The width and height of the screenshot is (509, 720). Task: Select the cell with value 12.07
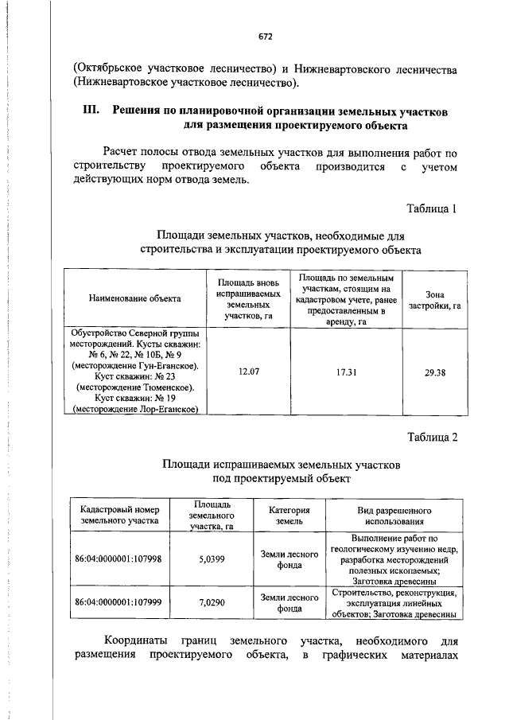248,371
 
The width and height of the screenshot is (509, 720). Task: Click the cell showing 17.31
345,371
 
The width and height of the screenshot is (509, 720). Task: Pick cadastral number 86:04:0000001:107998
118,558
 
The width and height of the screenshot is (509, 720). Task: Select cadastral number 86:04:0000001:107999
118,601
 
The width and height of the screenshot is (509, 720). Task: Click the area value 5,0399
212,558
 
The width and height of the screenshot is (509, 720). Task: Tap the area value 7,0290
212,601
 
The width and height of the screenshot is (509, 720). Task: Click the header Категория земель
289,516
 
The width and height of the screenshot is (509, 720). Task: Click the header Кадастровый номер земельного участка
119,516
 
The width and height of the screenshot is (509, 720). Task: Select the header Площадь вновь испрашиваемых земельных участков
248,299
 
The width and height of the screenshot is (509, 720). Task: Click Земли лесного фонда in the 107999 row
289,601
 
